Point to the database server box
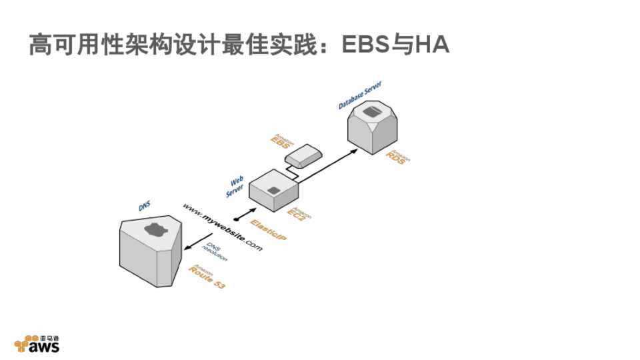click(x=374, y=127)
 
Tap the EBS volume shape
click(x=304, y=156)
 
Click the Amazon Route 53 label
click(x=207, y=279)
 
